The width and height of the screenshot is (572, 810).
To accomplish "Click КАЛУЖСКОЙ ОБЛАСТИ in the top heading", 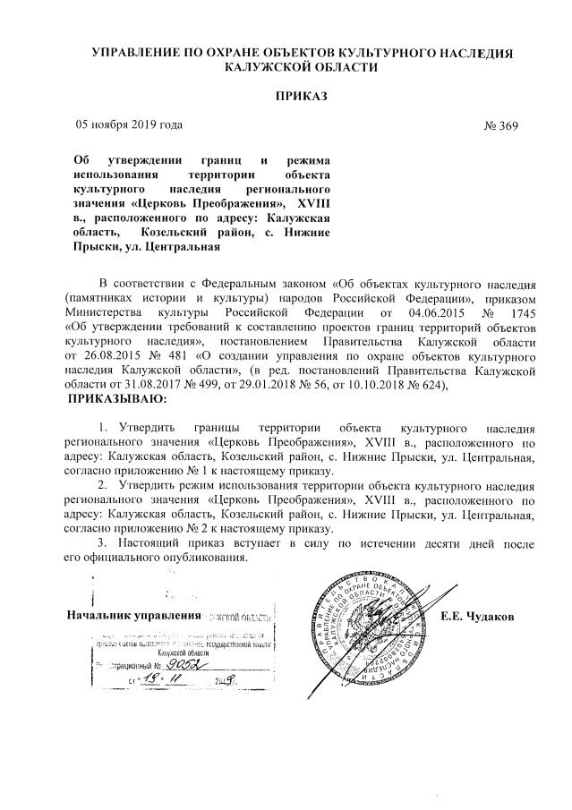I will (290, 66).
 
